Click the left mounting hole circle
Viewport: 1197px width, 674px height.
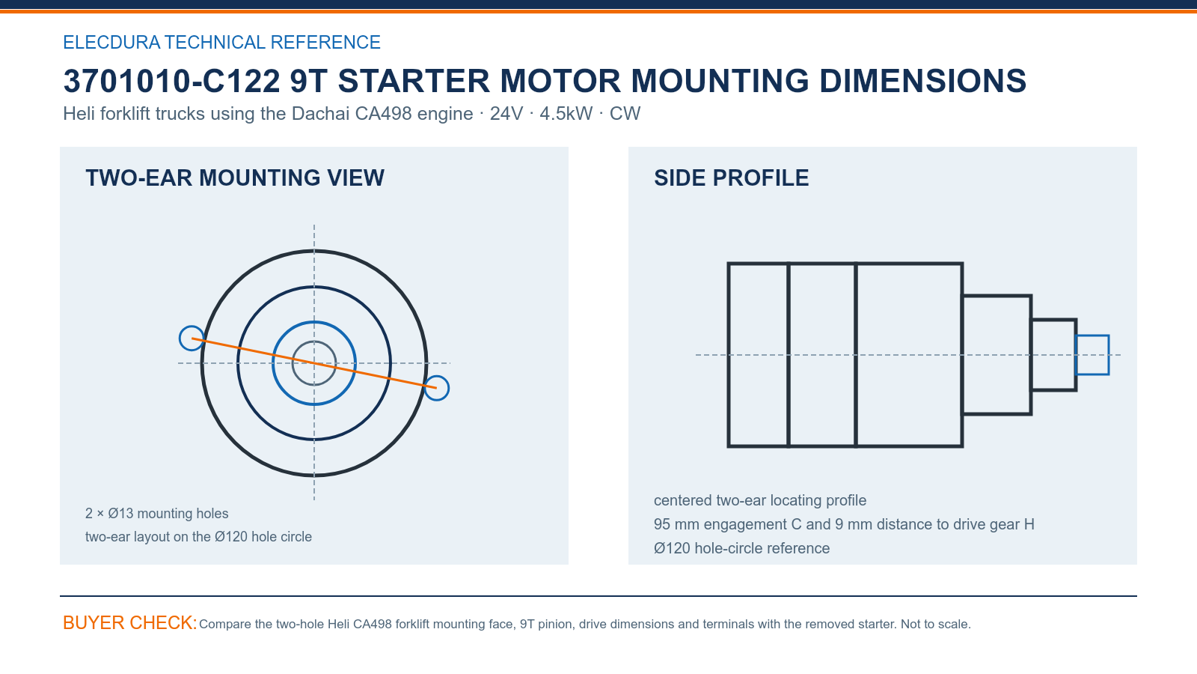pyautogui.click(x=180, y=338)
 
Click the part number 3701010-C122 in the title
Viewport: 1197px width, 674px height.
pyautogui.click(x=171, y=81)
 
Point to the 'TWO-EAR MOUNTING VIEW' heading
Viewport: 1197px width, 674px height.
pyautogui.click(x=235, y=178)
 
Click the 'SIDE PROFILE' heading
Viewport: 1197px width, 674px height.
pyautogui.click(x=731, y=178)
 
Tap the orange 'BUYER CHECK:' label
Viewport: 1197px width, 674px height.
pyautogui.click(x=130, y=622)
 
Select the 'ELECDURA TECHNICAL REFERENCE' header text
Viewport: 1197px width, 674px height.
pyautogui.click(x=221, y=42)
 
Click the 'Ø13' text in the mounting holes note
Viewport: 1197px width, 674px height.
pyautogui.click(x=120, y=514)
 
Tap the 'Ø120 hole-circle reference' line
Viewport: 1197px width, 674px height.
pyautogui.click(x=741, y=548)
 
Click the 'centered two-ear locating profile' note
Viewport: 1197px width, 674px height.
pyautogui.click(x=760, y=501)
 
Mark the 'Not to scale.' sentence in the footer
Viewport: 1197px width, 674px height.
pyautogui.click(x=936, y=625)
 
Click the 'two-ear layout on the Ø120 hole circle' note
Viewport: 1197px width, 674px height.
pyautogui.click(x=198, y=536)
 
